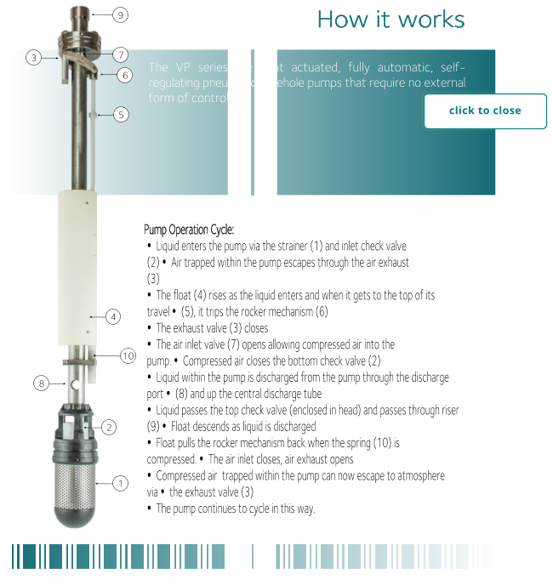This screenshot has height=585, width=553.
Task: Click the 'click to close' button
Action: click(485, 111)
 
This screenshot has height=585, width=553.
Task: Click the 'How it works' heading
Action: click(391, 20)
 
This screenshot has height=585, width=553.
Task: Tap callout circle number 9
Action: click(121, 14)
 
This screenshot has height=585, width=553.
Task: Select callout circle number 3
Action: click(33, 58)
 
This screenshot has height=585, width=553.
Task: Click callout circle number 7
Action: click(121, 54)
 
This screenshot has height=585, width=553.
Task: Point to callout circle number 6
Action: click(125, 75)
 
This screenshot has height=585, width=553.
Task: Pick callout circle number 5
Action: click(121, 114)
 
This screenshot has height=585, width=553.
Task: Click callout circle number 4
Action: click(113, 317)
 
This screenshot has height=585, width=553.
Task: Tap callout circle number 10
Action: click(128, 355)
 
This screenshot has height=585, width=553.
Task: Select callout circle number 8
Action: click(41, 383)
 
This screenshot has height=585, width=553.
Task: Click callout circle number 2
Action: click(109, 427)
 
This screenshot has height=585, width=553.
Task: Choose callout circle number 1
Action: click(121, 484)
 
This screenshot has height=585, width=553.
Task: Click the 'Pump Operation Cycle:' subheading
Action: click(189, 230)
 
